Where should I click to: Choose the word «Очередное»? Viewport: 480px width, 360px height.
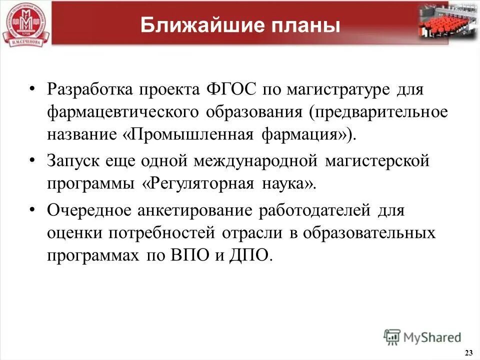[x=88, y=210]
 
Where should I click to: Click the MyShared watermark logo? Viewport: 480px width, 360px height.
[x=422, y=336]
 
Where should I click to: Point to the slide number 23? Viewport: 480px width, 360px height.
[x=468, y=353]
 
